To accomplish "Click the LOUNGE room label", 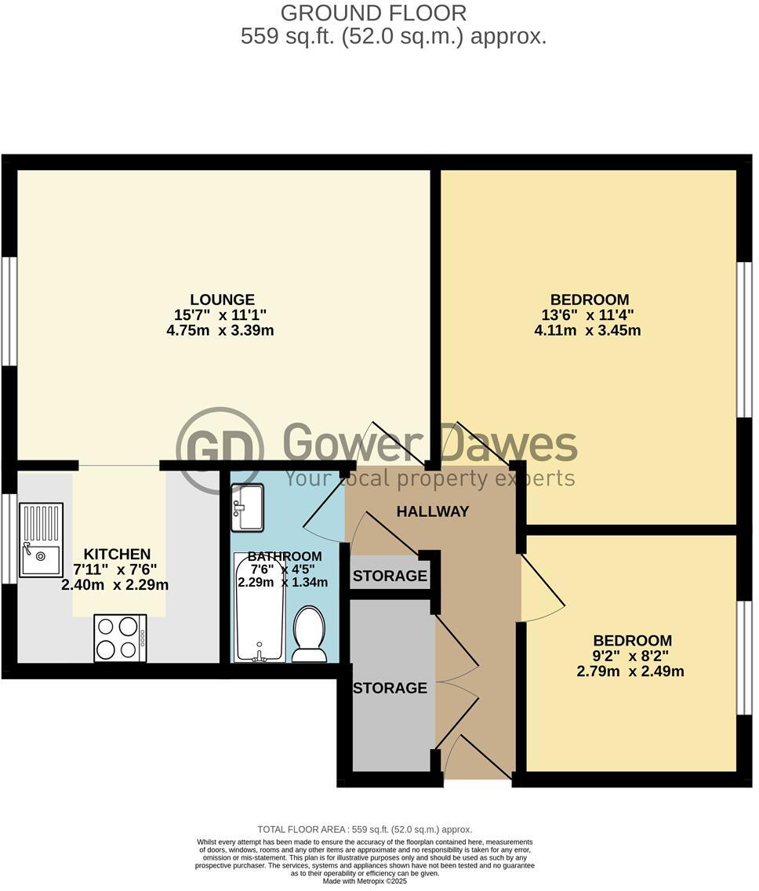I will (x=222, y=300).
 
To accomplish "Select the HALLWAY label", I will (x=432, y=512).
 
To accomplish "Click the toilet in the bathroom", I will (x=309, y=634).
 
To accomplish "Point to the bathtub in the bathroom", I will (x=259, y=607).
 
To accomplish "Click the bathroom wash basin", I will (x=248, y=507).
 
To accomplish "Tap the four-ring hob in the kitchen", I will (x=120, y=638).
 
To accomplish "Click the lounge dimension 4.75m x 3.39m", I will (x=220, y=330).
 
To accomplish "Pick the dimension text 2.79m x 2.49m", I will (x=630, y=671).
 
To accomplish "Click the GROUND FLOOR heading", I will (x=373, y=13).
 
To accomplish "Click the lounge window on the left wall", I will (x=9, y=311).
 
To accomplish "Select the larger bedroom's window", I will (x=745, y=339).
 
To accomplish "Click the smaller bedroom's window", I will (x=745, y=657).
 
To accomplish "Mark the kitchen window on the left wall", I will (x=9, y=539).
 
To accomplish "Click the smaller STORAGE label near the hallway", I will (x=390, y=576).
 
